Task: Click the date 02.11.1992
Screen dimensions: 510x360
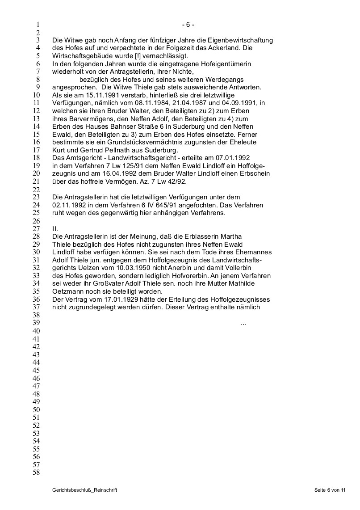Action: (67, 205)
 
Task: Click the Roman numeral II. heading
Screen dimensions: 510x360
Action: (55, 228)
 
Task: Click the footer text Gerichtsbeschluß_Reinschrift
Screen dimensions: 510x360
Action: (84, 490)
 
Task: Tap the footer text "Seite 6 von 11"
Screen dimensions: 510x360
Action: (330, 490)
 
